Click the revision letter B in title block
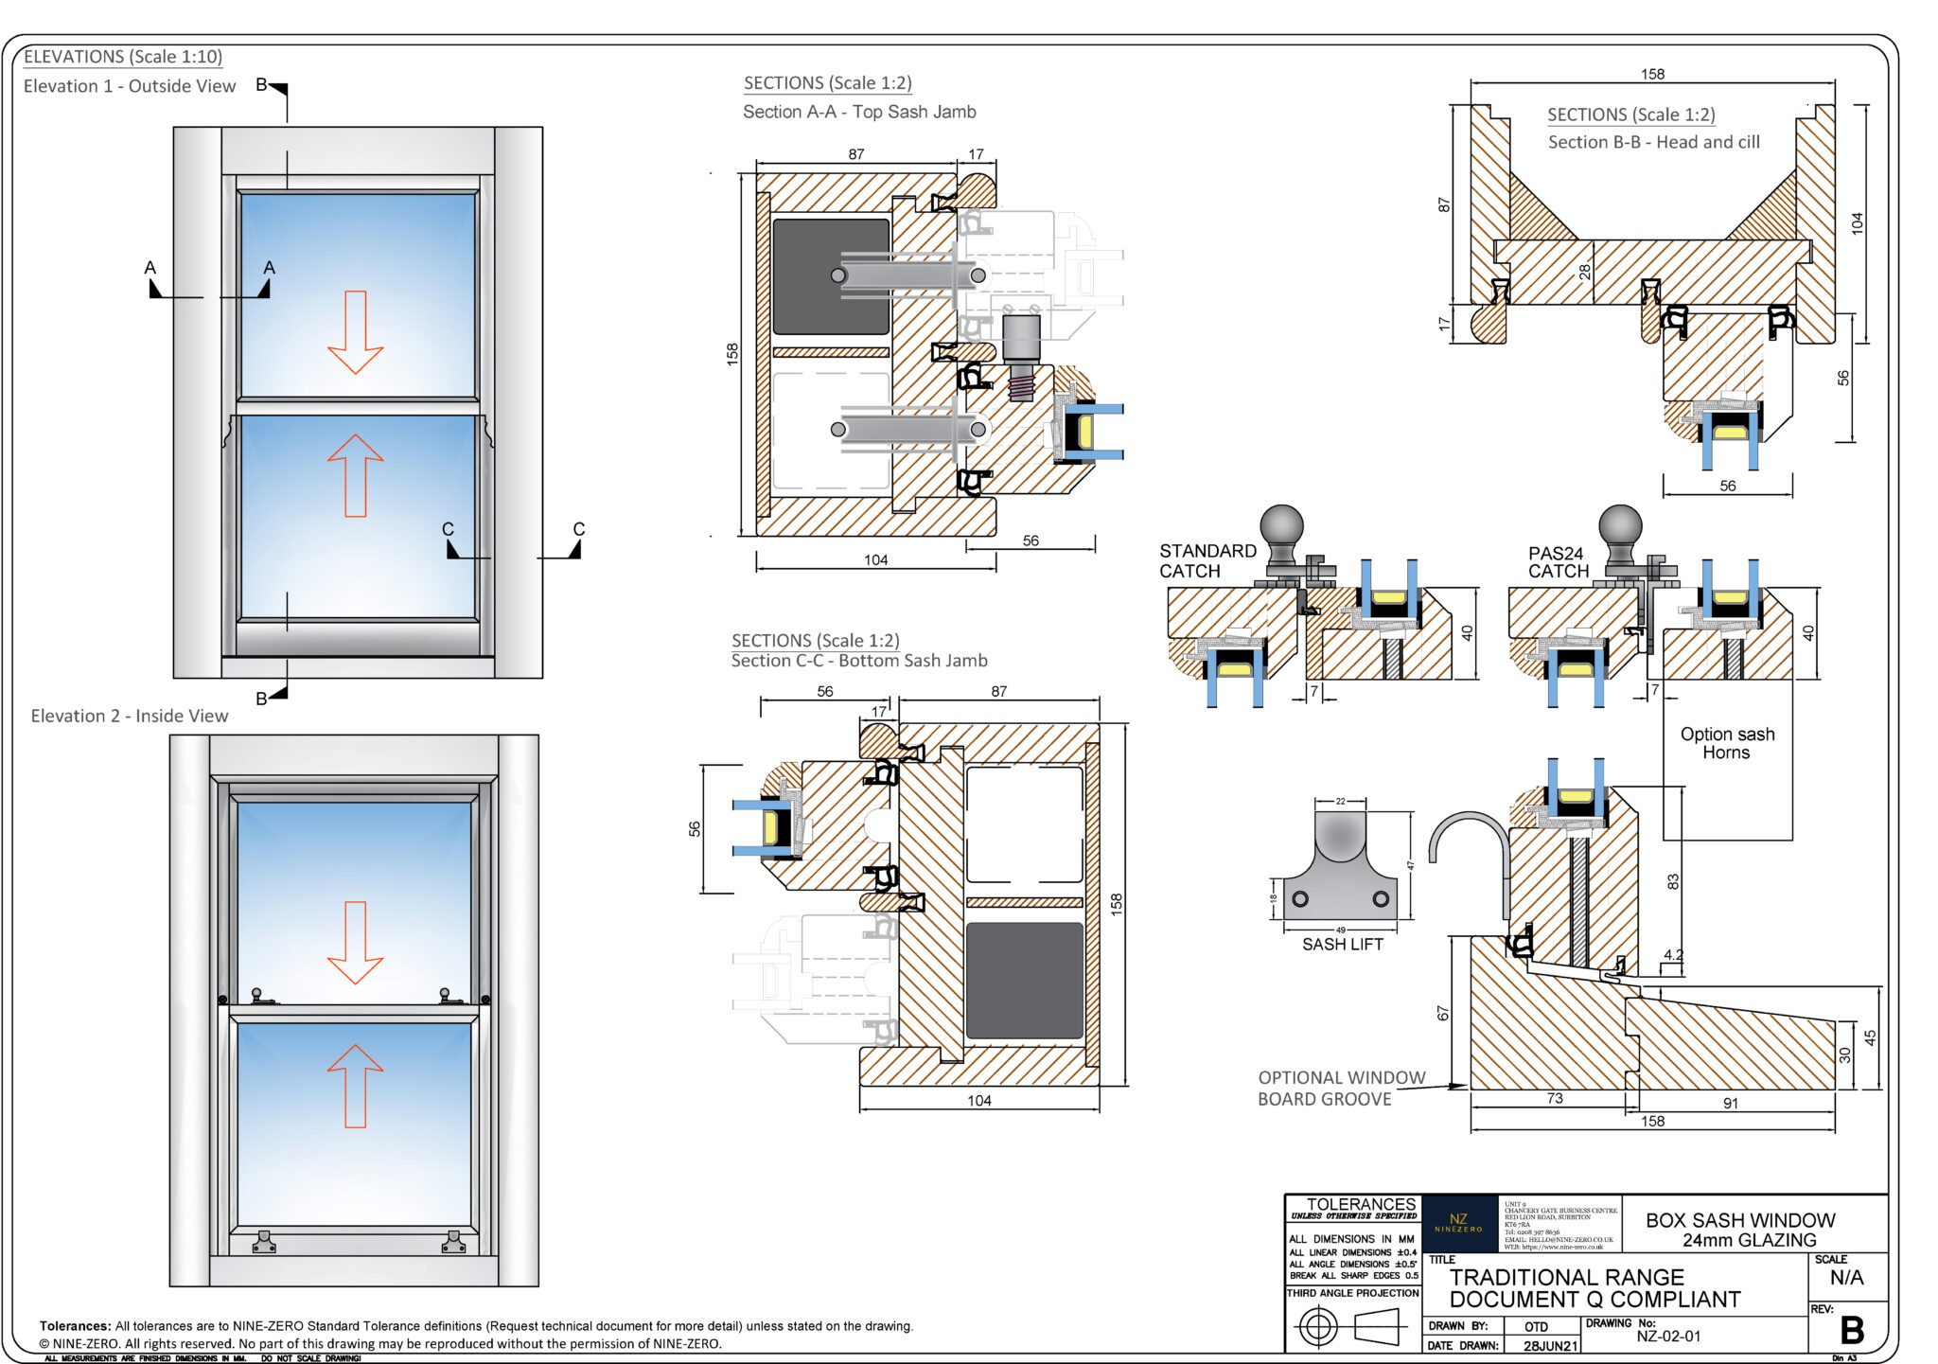1851,1331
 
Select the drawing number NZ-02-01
1668,1337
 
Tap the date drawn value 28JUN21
1550,1346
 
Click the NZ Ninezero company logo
1458,1223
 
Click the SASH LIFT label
1342,944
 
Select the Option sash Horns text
1727,743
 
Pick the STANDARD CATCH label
1207,560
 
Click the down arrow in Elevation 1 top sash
355,332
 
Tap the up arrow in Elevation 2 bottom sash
355,1085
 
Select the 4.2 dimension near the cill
1672,955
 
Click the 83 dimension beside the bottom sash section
1672,881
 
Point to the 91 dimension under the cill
1730,1103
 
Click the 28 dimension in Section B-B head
1584,272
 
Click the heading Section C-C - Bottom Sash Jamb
858,661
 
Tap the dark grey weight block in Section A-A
830,276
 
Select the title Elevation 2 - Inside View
130,717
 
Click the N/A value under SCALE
1846,1278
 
